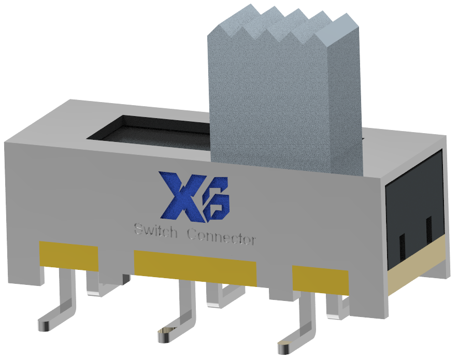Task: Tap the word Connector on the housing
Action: pos(221,238)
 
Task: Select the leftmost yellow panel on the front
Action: pos(68,255)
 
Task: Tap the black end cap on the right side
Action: pos(414,207)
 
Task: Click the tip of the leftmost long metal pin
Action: pos(44,326)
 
